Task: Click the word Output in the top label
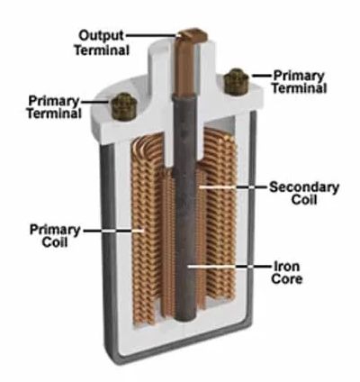coord(101,36)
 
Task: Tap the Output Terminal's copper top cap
coord(193,34)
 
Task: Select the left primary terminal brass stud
coord(124,106)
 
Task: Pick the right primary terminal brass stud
coord(237,82)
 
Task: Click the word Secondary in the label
coord(304,187)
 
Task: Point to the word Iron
coord(286,266)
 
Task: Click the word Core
coord(286,279)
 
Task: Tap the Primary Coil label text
coord(55,236)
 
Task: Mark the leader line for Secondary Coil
coord(233,186)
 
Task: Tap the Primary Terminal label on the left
coord(54,107)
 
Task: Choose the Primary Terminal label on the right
coord(299,82)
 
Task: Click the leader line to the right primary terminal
coord(261,76)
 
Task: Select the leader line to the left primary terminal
coord(95,102)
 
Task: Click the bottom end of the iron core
coord(185,321)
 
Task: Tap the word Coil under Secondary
coord(304,200)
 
